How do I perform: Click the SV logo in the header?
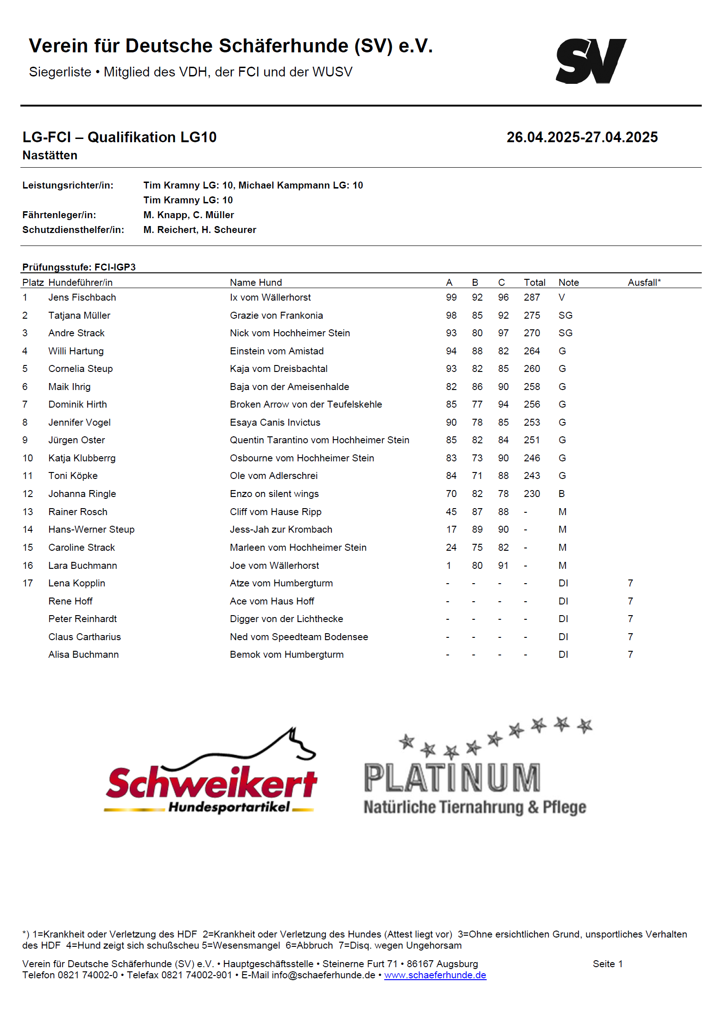point(591,61)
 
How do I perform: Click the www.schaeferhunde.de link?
point(435,975)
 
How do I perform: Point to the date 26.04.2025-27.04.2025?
point(582,137)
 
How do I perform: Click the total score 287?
point(532,297)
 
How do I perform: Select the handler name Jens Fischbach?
point(82,297)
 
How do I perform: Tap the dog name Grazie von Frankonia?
point(276,315)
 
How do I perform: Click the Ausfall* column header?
point(644,283)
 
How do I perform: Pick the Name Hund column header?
point(256,283)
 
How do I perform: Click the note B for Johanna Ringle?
point(561,494)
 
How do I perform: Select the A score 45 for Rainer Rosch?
point(451,512)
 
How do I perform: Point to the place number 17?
point(28,583)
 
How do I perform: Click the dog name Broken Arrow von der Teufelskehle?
point(306,404)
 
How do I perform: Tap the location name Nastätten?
point(50,155)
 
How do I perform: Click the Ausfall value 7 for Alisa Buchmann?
point(630,655)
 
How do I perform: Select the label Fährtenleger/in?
point(59,215)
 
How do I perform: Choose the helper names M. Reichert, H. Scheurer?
point(200,230)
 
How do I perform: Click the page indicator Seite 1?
point(607,964)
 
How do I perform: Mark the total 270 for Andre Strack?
point(532,333)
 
